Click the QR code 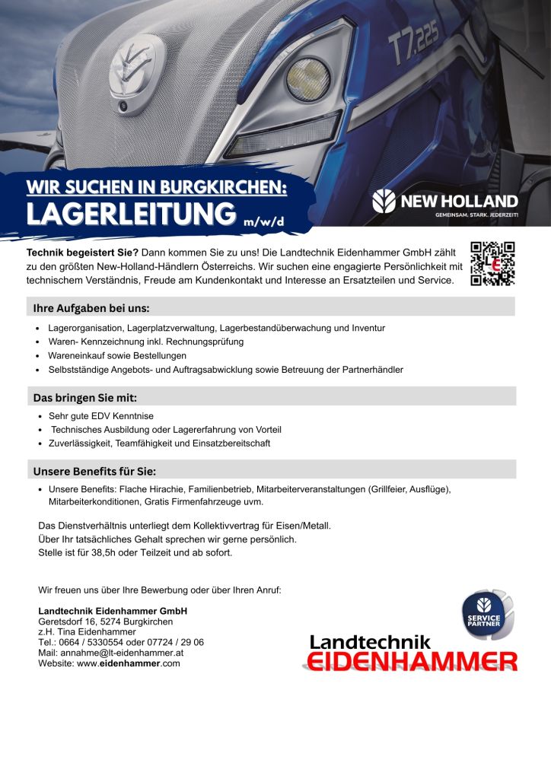click(x=492, y=263)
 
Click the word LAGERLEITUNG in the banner click(x=129, y=213)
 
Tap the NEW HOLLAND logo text click(x=458, y=202)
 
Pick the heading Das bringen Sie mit click(x=84, y=397)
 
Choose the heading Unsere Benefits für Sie click(x=94, y=470)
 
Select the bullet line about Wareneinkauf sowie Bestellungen click(x=117, y=355)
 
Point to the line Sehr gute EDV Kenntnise click(x=100, y=416)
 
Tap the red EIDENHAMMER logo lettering click(x=409, y=660)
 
